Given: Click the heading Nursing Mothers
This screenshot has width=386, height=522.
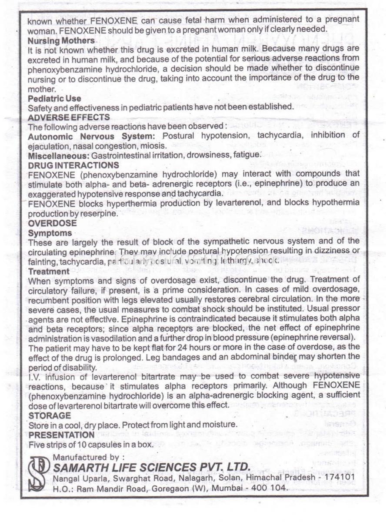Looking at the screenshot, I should point(61,40).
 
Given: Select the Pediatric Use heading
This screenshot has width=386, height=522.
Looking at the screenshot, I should point(54,98).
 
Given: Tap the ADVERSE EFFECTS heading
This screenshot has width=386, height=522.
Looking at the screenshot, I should point(69,117).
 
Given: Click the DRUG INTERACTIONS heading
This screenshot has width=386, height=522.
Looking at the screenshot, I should point(73,165).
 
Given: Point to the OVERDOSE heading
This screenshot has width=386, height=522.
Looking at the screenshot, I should point(52,223).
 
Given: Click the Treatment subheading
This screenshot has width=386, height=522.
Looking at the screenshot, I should point(49,271).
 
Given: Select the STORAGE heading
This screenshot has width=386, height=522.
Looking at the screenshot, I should point(49,415).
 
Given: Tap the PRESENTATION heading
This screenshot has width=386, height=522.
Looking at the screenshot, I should point(61,435).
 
